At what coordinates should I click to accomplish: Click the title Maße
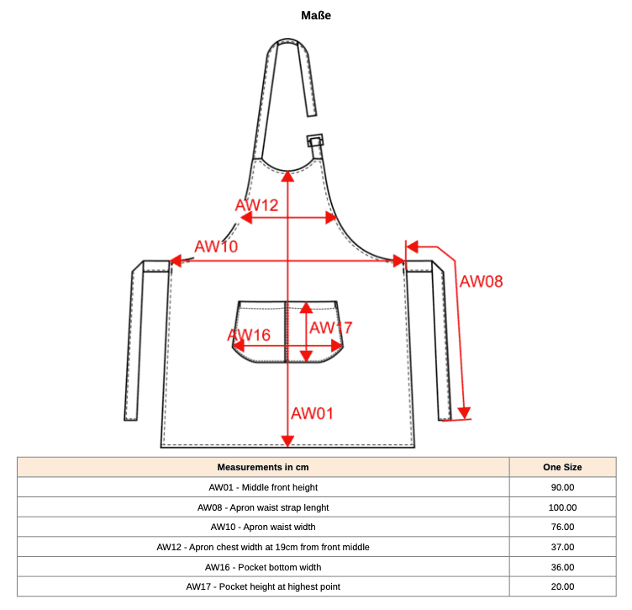[316, 15]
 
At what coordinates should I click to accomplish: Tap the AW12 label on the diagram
[257, 205]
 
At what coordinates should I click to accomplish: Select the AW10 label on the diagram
[216, 247]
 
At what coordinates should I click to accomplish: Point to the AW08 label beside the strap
[482, 282]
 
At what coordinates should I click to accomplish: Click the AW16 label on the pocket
[249, 335]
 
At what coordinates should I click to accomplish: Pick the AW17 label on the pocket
[331, 328]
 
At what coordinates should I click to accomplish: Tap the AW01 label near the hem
[313, 413]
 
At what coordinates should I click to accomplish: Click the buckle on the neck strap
[315, 141]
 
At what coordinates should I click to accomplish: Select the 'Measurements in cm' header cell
[263, 467]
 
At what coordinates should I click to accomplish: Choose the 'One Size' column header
[562, 467]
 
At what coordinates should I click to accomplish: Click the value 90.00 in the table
[563, 487]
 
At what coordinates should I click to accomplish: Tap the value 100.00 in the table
[563, 507]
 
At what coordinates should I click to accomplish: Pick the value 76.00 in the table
[563, 527]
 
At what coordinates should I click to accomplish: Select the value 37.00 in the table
[563, 547]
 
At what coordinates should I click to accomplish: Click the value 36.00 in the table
[563, 567]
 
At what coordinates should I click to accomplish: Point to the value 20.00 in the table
[563, 586]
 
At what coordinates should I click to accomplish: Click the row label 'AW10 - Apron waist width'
[263, 527]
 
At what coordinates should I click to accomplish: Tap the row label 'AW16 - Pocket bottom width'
[263, 567]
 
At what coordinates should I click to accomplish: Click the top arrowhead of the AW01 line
[287, 177]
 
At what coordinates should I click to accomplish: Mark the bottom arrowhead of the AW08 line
[464, 413]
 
